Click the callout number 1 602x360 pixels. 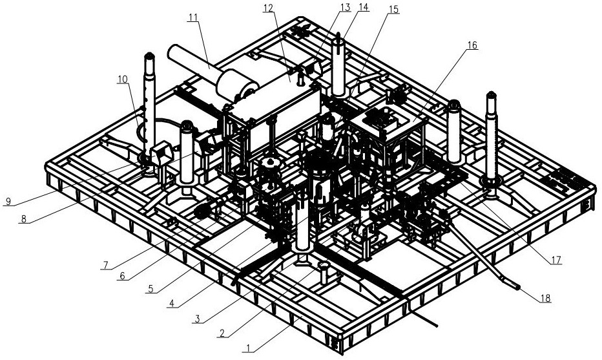click(x=248, y=348)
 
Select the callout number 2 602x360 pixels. click(x=222, y=333)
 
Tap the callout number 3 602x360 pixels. click(x=197, y=319)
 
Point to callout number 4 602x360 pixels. click(x=172, y=304)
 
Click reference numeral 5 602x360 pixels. click(x=151, y=288)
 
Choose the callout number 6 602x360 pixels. click(x=121, y=275)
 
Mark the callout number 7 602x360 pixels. click(x=106, y=265)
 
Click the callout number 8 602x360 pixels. click(x=23, y=219)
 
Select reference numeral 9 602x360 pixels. click(x=8, y=201)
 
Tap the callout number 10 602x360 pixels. click(x=123, y=79)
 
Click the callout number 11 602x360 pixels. click(x=192, y=17)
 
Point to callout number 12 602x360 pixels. click(x=268, y=8)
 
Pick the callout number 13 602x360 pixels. click(x=345, y=8)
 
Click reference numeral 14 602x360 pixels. click(x=364, y=8)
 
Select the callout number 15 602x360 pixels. click(x=393, y=9)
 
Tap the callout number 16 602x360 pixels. click(x=472, y=45)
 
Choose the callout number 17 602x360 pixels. click(x=556, y=260)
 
